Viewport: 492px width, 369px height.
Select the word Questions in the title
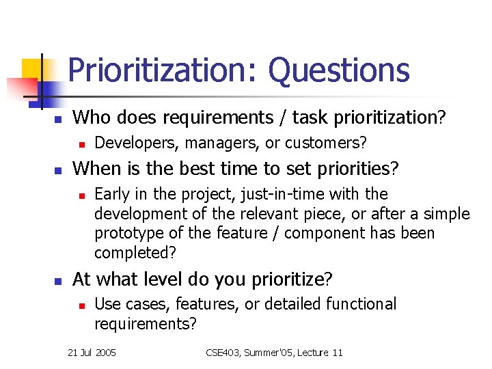pos(339,71)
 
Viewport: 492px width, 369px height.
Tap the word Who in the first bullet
pos(92,118)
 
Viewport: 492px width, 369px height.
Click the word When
pos(96,168)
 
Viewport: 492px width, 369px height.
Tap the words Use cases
pos(128,304)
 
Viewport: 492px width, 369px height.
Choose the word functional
pos(361,304)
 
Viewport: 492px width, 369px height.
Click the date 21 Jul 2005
pos(92,353)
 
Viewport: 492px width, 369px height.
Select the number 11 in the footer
pos(336,353)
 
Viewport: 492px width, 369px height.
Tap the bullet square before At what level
pos(58,280)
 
